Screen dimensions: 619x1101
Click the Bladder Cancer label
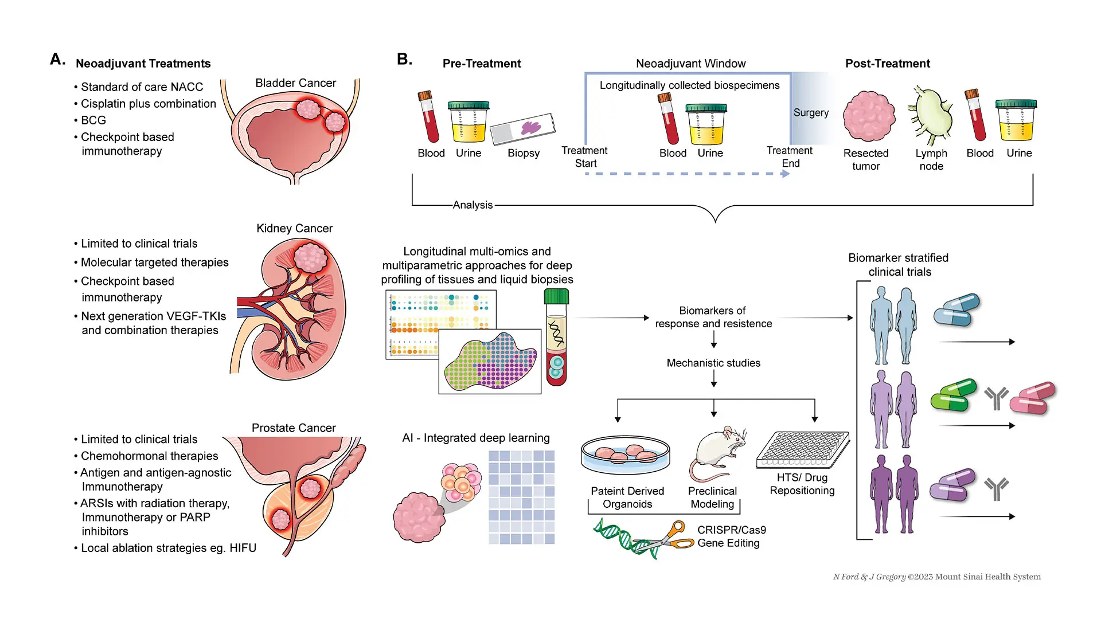tap(295, 83)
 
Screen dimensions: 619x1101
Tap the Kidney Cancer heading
tap(294, 228)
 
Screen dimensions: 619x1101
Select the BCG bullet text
tap(93, 120)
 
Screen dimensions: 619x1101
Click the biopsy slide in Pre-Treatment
tap(522, 128)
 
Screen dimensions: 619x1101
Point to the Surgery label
tap(811, 113)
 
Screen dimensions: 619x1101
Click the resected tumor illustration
tap(869, 116)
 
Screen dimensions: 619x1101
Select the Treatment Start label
tap(584, 157)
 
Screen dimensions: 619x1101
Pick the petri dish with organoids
tap(626, 453)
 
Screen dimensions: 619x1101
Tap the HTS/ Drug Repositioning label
tap(802, 484)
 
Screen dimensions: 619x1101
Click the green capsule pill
tap(953, 395)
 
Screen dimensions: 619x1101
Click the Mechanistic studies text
tap(713, 363)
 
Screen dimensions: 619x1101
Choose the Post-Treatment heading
tap(887, 64)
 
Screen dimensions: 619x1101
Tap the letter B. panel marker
tap(404, 60)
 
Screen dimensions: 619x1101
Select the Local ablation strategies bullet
tap(168, 548)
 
